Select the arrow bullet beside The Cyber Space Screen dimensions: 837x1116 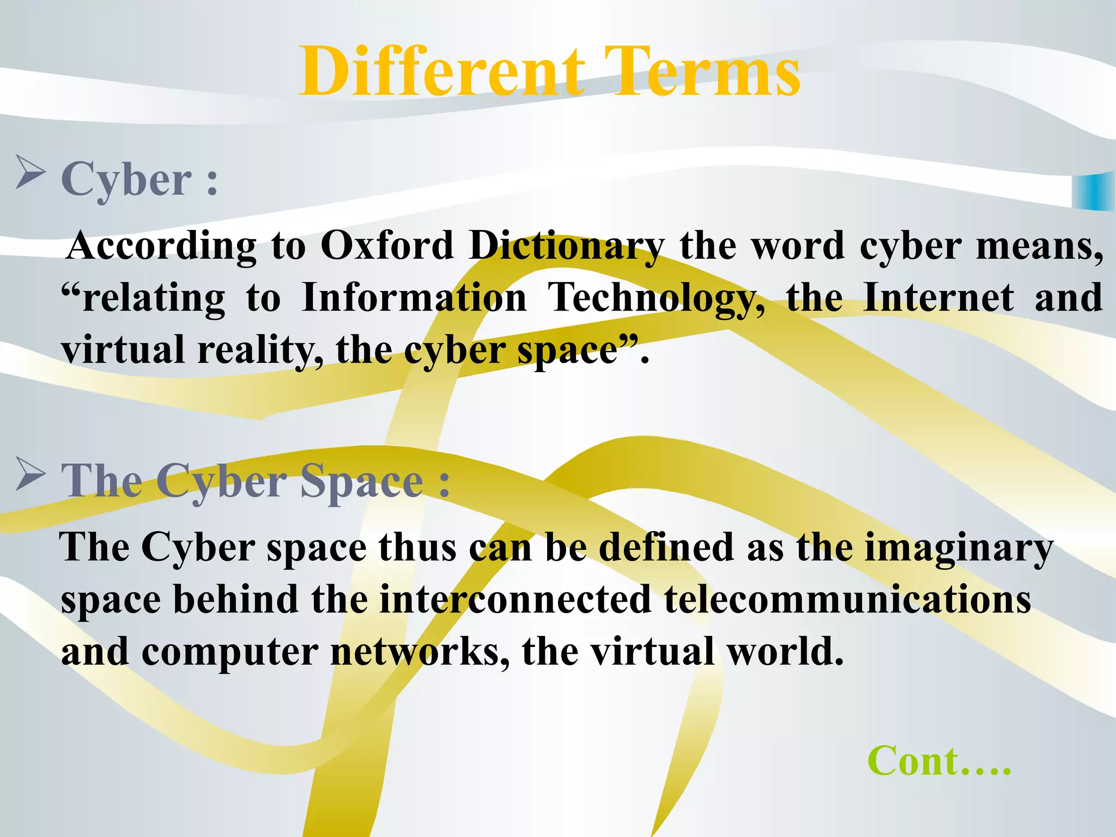30,474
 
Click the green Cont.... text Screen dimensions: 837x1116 939,761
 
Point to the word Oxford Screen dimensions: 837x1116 387,245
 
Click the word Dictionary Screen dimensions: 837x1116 567,246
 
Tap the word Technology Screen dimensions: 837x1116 656,299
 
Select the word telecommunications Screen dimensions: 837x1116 847,599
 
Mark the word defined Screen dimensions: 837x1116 666,547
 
